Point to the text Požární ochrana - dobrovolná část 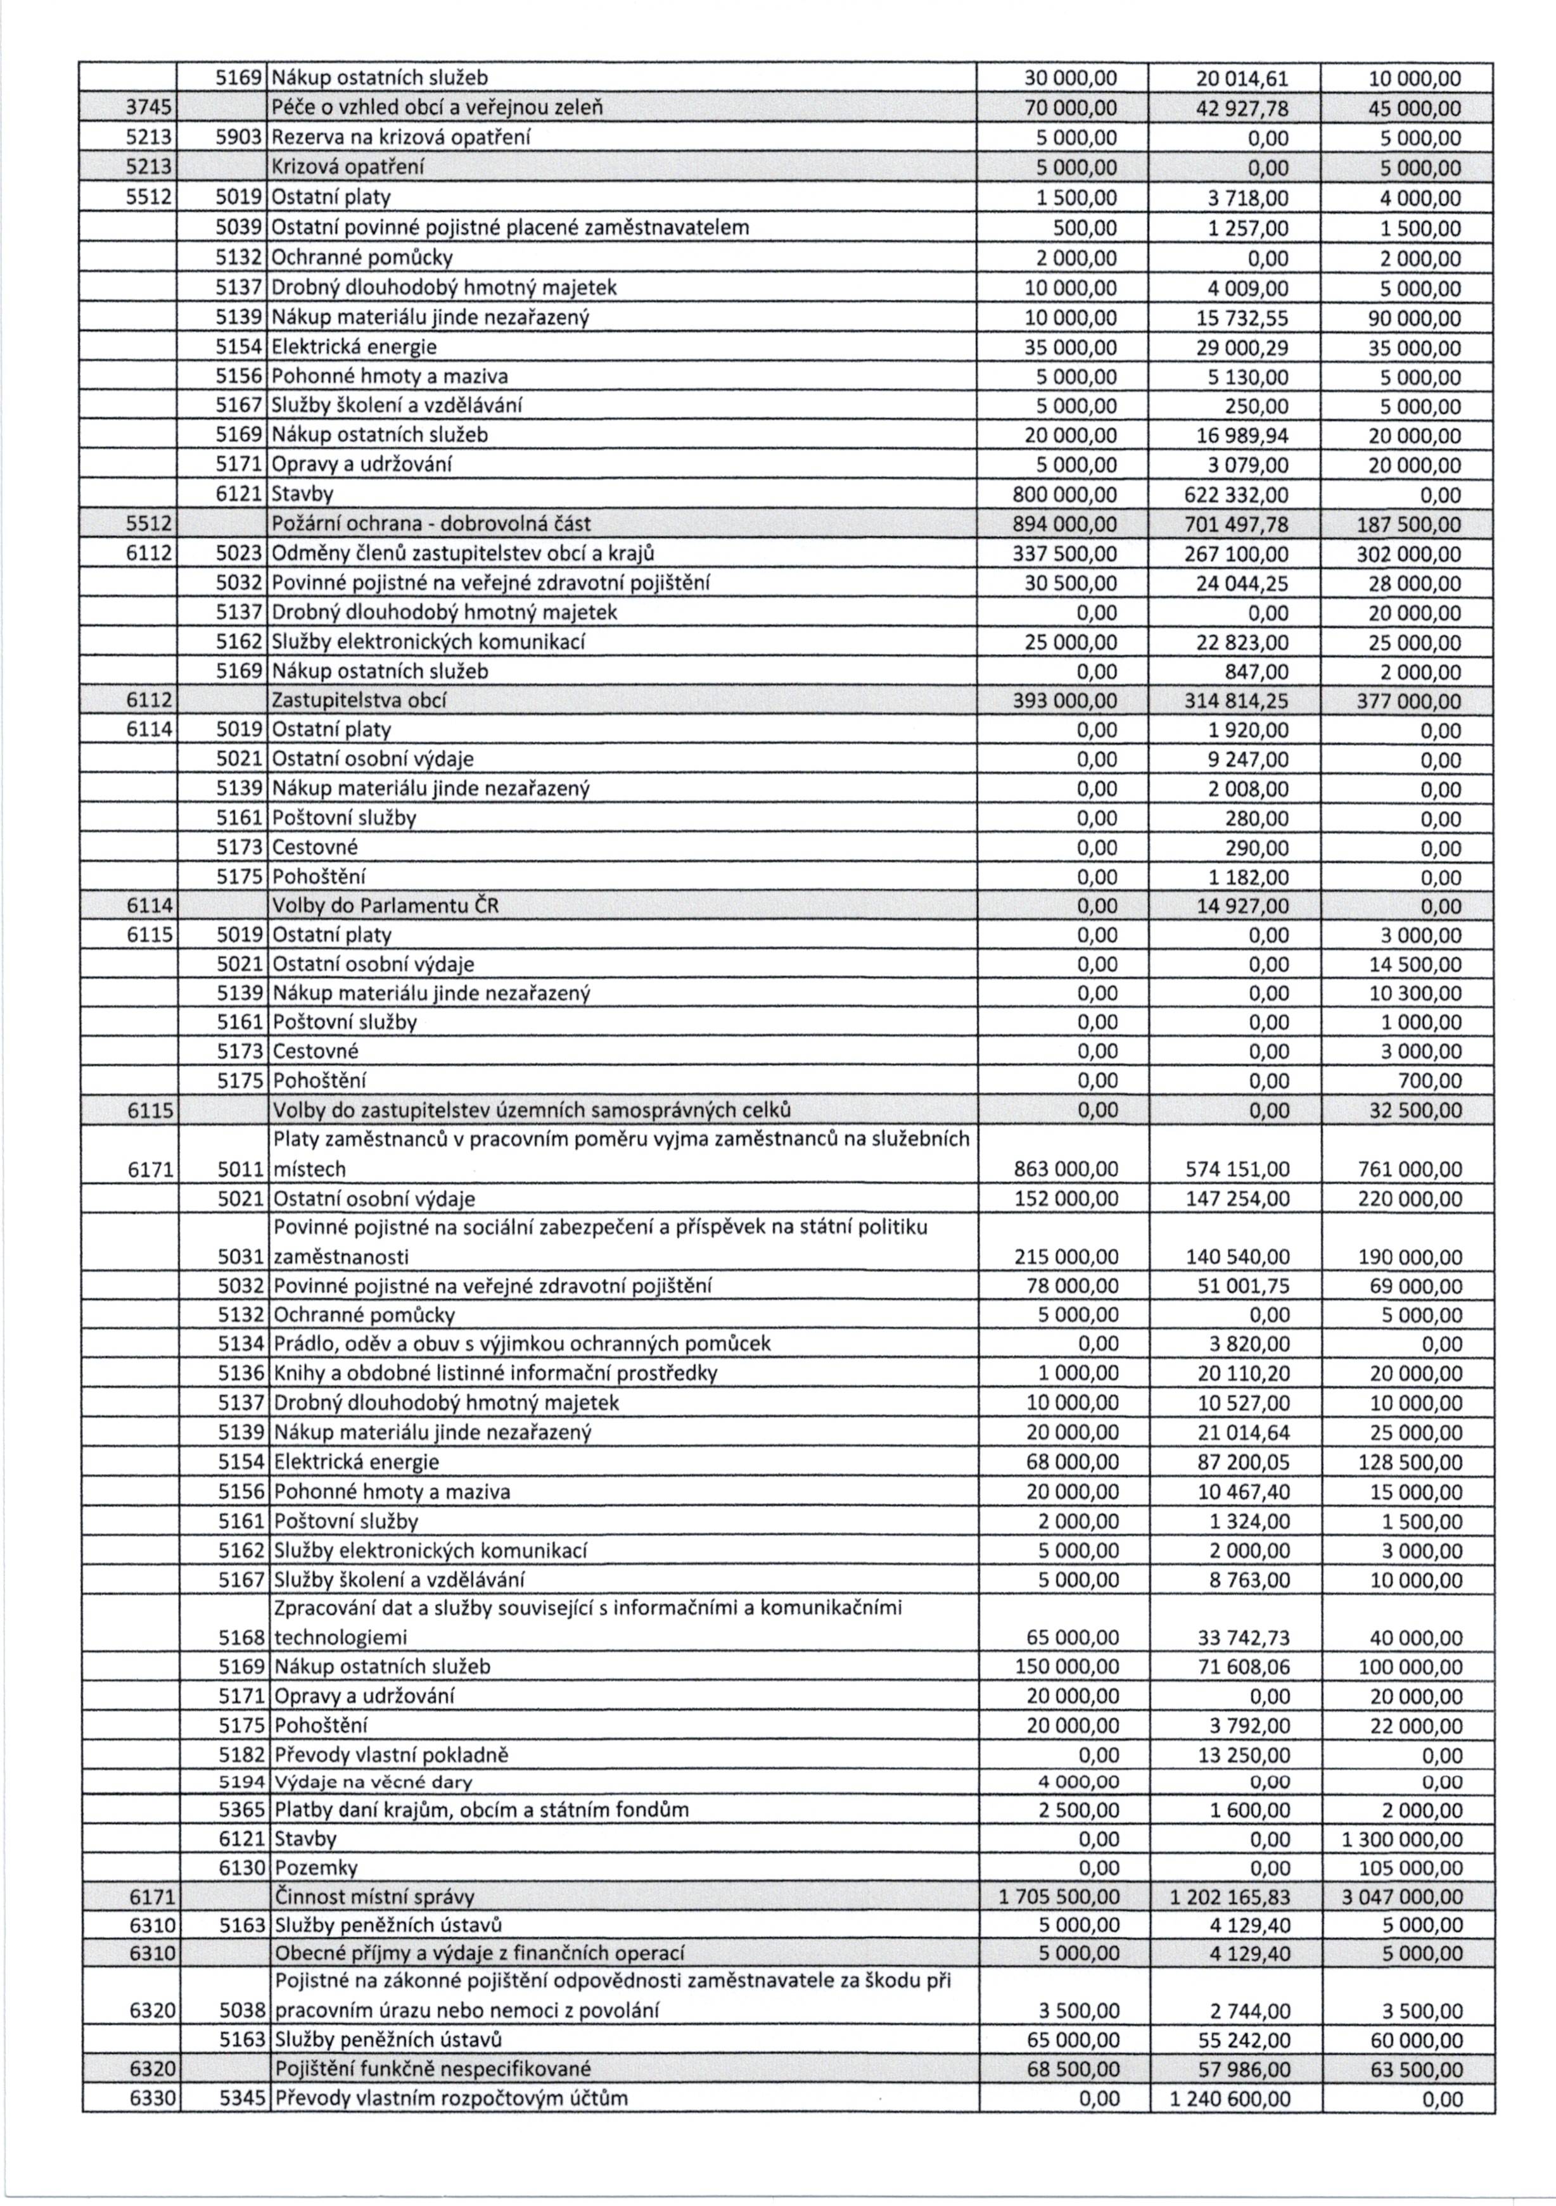pos(431,525)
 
